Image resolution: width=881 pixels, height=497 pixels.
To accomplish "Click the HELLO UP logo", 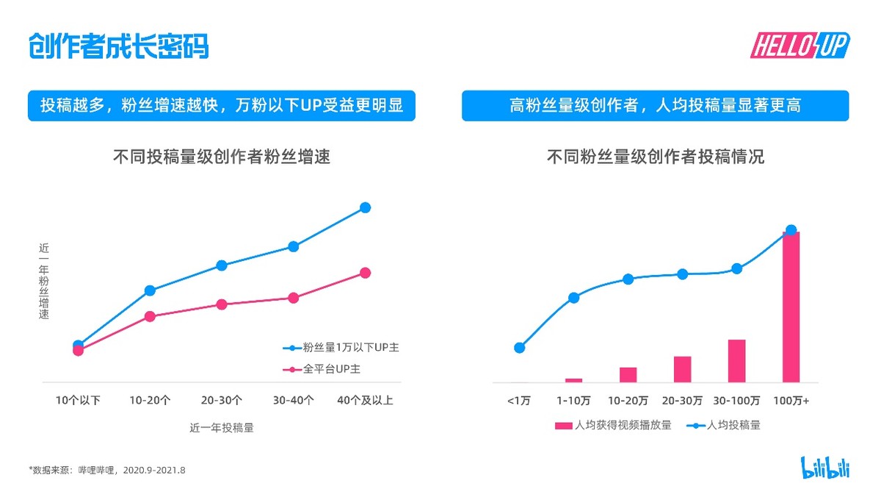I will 799,46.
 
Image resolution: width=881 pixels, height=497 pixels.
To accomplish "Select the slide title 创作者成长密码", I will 118,46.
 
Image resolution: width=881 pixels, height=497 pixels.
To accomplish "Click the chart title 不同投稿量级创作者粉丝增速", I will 222,157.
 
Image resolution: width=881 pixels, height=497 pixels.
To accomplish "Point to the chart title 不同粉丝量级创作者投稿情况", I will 655,157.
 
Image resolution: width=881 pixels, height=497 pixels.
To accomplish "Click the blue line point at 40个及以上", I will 365,207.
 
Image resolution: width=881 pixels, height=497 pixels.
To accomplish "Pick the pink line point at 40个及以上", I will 365,273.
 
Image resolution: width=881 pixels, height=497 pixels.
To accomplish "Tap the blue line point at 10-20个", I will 150,290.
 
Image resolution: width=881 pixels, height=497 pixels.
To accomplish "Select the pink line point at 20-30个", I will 222,304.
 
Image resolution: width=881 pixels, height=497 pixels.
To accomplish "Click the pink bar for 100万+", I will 791,307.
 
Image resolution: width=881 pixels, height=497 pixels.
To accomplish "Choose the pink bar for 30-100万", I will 736,361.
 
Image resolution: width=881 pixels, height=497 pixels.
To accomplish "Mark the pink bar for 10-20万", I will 628,374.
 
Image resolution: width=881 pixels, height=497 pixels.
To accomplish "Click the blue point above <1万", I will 520,348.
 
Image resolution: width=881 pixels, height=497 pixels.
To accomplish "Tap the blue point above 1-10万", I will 574,298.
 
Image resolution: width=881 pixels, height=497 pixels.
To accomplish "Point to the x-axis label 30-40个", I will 294,401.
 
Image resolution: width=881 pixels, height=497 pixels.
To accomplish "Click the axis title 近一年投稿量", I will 222,427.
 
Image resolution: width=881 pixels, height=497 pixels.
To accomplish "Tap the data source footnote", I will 107,469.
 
